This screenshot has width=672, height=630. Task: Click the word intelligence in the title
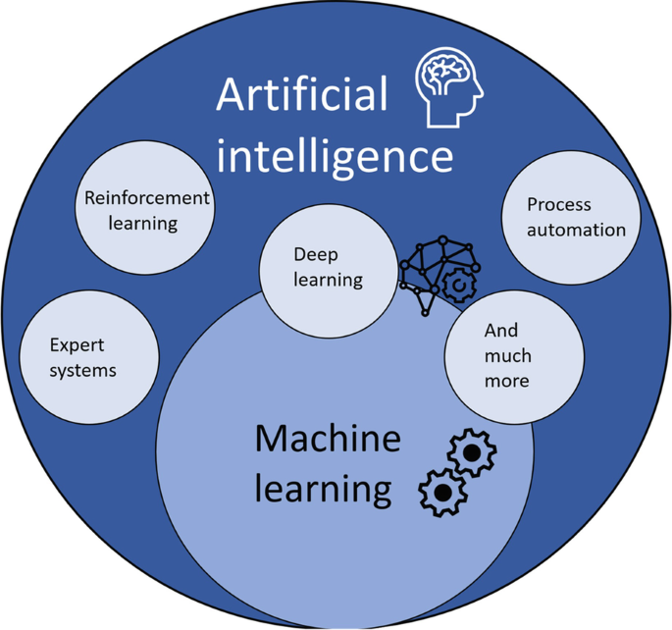[336, 155]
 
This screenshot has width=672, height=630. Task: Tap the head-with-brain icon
[448, 89]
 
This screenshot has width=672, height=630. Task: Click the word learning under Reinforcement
[143, 223]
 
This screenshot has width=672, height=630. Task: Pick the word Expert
[77, 345]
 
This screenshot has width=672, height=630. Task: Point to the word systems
[82, 370]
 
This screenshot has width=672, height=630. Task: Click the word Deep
[315, 254]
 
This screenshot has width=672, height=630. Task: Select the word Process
[559, 204]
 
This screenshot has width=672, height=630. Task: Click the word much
[505, 355]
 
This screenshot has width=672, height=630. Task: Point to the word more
[506, 380]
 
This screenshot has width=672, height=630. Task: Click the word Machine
[328, 439]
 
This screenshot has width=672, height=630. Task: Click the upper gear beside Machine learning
[472, 453]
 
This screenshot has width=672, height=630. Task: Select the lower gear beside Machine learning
[442, 490]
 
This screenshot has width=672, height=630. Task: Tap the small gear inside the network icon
[457, 286]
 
